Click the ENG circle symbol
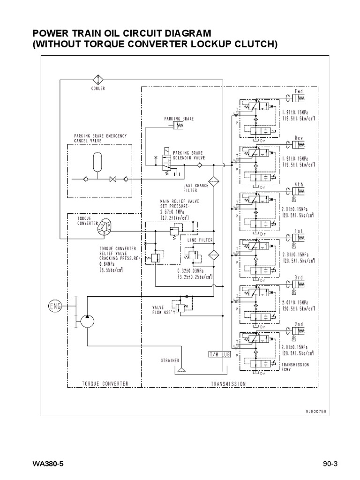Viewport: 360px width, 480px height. pos(55,307)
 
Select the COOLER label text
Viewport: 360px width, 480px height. pos(98,88)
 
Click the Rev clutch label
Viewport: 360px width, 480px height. pos(299,138)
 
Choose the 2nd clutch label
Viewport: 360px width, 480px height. pos(299,324)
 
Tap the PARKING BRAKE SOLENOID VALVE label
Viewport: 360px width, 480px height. pos(189,155)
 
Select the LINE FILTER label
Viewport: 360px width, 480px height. pos(200,240)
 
